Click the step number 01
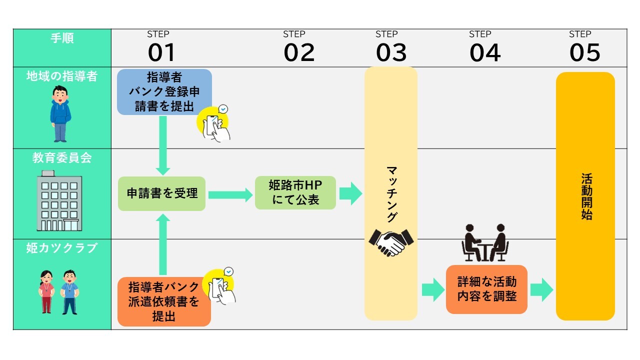[x=161, y=52]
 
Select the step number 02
[x=299, y=52]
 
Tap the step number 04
[x=484, y=52]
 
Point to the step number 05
[x=584, y=52]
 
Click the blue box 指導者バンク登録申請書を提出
[x=164, y=92]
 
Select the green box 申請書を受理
[x=162, y=193]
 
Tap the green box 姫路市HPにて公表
[x=295, y=193]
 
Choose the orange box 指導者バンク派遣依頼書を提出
[x=164, y=301]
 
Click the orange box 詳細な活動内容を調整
[x=486, y=289]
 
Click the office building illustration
[x=59, y=200]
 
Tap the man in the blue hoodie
[x=60, y=113]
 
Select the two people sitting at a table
[x=484, y=243]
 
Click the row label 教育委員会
[x=62, y=158]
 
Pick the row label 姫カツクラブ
[x=62, y=248]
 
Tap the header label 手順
[x=62, y=38]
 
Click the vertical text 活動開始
[x=586, y=196]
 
